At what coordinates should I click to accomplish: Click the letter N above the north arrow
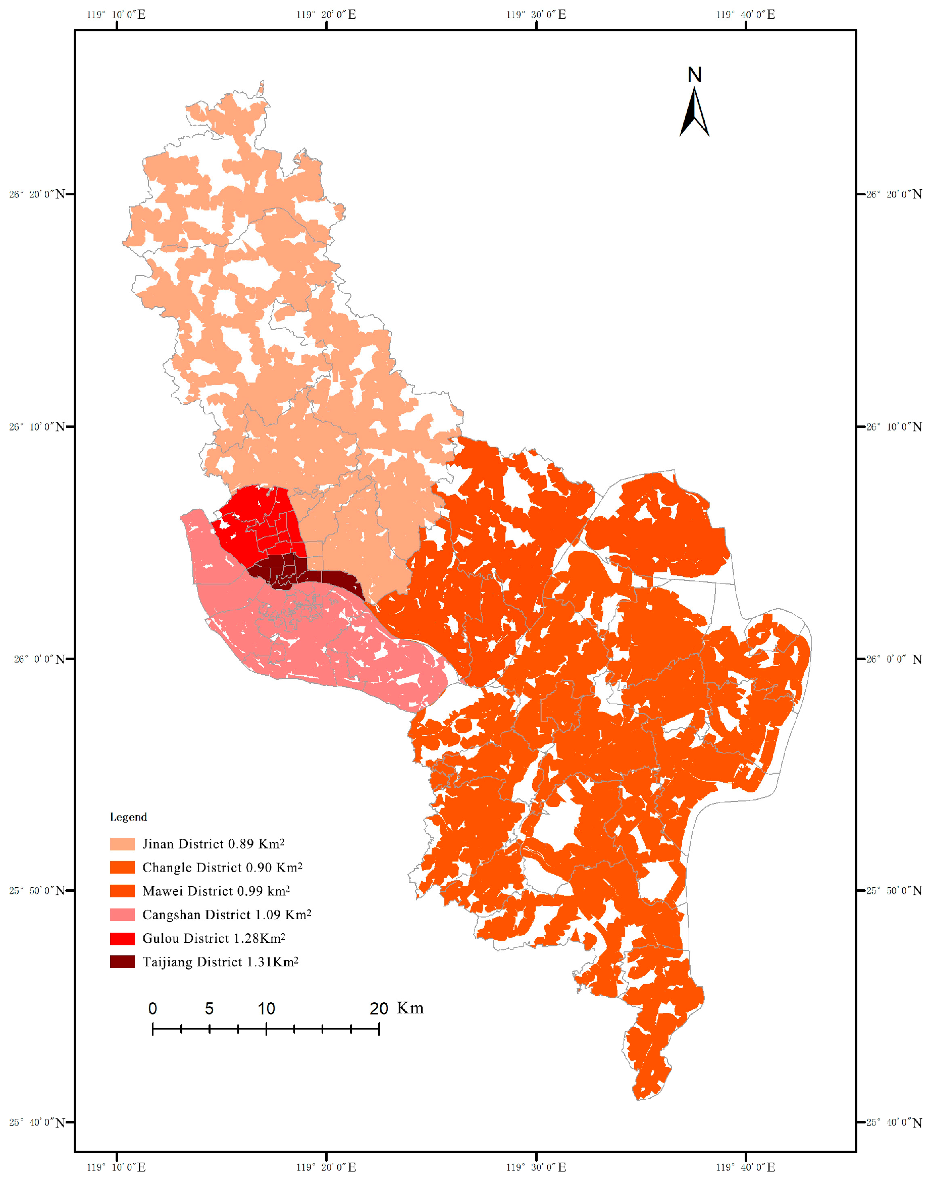695,75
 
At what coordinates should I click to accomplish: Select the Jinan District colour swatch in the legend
122,844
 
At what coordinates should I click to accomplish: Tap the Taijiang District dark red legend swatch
122,962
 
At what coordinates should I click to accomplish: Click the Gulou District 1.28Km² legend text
214,938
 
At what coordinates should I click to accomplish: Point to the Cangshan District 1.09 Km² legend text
227,915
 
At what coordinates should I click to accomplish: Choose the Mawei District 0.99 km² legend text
216,891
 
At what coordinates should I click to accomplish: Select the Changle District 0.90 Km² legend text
222,867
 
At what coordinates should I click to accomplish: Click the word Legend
128,817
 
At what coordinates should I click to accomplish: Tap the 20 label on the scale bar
379,1009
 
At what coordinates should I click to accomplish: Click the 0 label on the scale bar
153,1009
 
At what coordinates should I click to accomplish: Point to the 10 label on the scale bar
266,1009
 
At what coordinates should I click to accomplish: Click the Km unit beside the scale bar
409,1008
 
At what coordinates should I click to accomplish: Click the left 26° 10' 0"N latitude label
37,427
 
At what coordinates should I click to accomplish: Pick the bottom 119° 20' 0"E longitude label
326,1167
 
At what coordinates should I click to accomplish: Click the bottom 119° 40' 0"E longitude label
745,1167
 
